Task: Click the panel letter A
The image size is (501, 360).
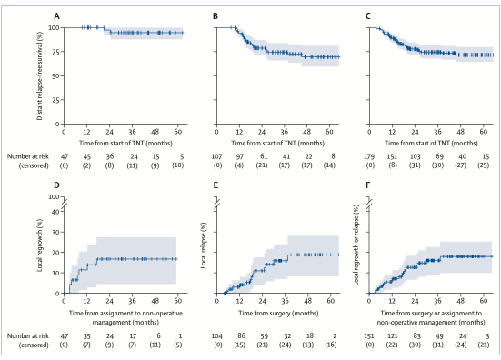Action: click(57, 16)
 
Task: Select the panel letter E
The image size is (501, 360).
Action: click(215, 185)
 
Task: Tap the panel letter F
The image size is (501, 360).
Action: click(367, 185)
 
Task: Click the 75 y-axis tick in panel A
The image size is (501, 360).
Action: click(55, 52)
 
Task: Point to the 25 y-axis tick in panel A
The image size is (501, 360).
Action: click(55, 100)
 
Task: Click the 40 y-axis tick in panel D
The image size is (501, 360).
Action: click(55, 212)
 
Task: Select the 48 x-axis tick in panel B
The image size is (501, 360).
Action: click(306, 132)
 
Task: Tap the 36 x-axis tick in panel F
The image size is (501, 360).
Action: click(437, 301)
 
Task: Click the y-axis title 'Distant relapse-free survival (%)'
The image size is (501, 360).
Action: click(40, 75)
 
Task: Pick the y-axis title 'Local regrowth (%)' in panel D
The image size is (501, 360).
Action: click(40, 245)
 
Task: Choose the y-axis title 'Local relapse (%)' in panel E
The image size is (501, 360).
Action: click(203, 245)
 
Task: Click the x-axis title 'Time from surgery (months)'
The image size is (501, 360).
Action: click(278, 313)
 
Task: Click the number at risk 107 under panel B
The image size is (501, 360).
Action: click(217, 156)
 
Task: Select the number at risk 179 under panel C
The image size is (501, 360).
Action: click(369, 156)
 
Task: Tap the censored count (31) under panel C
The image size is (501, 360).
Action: click(415, 165)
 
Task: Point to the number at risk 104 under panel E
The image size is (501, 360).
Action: click(217, 336)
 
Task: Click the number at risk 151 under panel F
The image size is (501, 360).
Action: click(369, 336)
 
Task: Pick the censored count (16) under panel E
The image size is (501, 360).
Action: click(331, 345)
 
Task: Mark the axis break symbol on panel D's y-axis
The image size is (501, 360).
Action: click(64, 203)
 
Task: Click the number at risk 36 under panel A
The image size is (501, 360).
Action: click(110, 156)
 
